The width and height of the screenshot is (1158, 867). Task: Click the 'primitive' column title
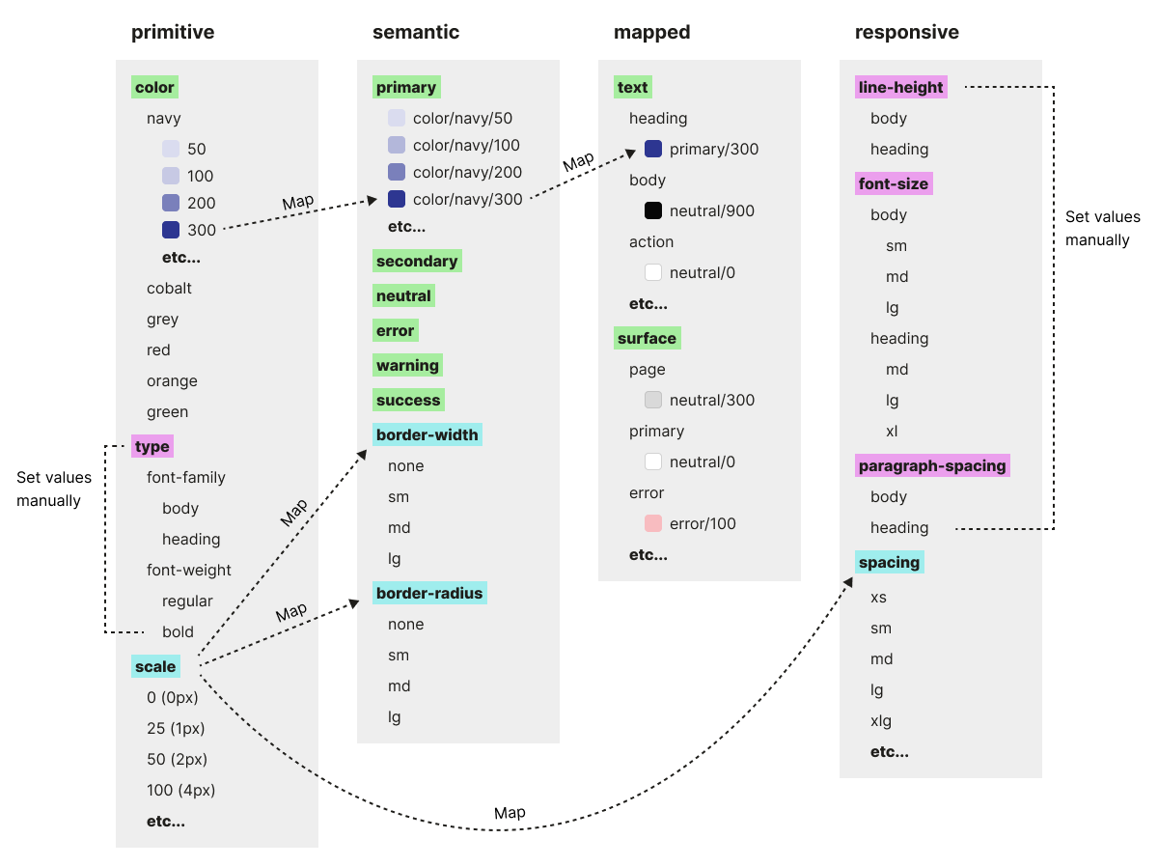coord(173,32)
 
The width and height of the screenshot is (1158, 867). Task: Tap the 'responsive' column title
coord(907,32)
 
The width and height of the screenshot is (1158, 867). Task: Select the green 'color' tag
coord(154,87)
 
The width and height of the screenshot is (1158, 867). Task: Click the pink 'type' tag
coord(152,446)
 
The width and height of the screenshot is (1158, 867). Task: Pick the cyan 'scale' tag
coord(155,666)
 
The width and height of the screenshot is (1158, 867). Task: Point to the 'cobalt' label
coord(169,288)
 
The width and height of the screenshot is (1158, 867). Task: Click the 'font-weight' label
coord(189,570)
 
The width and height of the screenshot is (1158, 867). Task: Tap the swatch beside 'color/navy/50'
coord(397,118)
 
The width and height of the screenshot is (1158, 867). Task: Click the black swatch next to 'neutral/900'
coord(653,210)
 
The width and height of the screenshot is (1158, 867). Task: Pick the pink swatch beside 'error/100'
coord(653,523)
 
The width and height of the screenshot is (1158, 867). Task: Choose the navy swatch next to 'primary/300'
coord(653,149)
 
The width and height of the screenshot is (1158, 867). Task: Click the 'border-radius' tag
coord(429,593)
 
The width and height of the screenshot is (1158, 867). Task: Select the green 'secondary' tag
coord(417,261)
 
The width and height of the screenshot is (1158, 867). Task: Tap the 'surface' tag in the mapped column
coord(647,338)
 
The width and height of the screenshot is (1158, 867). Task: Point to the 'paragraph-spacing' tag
coord(932,465)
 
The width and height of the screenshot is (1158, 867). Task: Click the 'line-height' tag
coord(901,87)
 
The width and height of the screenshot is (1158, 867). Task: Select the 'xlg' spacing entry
coord(881,720)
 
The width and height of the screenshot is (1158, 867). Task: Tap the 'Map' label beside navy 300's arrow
coord(297,203)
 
